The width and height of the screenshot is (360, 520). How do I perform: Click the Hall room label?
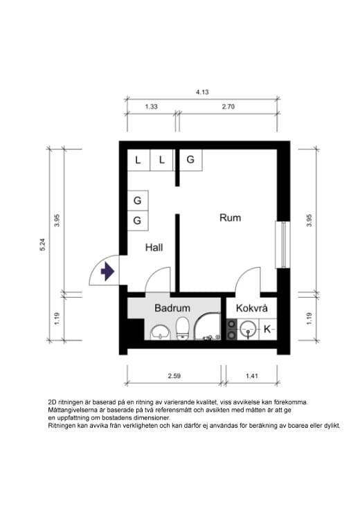pyautogui.click(x=154, y=246)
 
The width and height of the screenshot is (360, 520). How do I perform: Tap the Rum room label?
pyautogui.click(x=230, y=217)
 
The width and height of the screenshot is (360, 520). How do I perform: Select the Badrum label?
pyautogui.click(x=172, y=307)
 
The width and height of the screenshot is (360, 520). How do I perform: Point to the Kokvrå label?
pyautogui.click(x=251, y=308)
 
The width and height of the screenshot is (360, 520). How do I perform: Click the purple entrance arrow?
pyautogui.click(x=107, y=271)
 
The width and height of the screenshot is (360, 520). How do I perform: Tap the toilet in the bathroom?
pyautogui.click(x=183, y=329)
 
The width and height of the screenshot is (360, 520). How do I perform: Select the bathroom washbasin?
pyautogui.click(x=161, y=335)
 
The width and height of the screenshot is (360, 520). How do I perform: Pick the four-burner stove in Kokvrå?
pyautogui.click(x=231, y=330)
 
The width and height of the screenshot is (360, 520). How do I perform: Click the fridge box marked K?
pyautogui.click(x=268, y=329)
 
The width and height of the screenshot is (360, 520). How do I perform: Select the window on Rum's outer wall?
pyautogui.click(x=282, y=244)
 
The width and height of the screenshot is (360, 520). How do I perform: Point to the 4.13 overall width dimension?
pyautogui.click(x=203, y=91)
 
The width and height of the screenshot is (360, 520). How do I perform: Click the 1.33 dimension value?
pyautogui.click(x=151, y=107)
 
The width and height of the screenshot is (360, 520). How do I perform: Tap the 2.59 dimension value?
pyautogui.click(x=174, y=377)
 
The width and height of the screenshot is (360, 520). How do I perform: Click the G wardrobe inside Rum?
pyautogui.click(x=190, y=160)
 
